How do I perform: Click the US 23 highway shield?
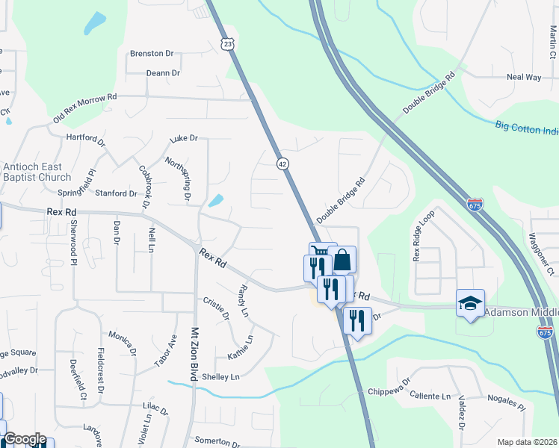(228, 44)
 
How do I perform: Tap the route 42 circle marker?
(282, 164)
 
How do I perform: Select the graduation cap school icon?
(470, 303)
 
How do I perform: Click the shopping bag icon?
(342, 261)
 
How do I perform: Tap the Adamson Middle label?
(521, 311)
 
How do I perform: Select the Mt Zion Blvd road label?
(194, 355)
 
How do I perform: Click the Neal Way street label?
(524, 77)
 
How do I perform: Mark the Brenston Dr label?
(152, 54)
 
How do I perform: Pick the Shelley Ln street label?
(220, 377)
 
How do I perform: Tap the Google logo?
(25, 439)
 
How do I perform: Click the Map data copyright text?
(528, 442)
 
